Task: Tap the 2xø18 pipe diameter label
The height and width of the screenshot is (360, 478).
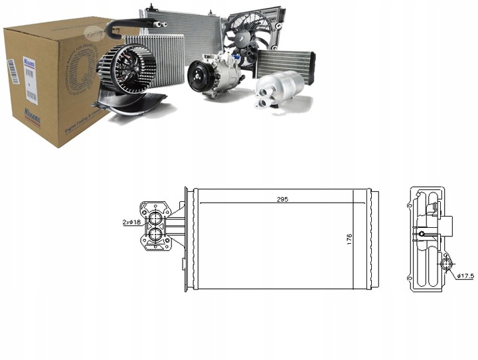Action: pyautogui.click(x=133, y=223)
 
